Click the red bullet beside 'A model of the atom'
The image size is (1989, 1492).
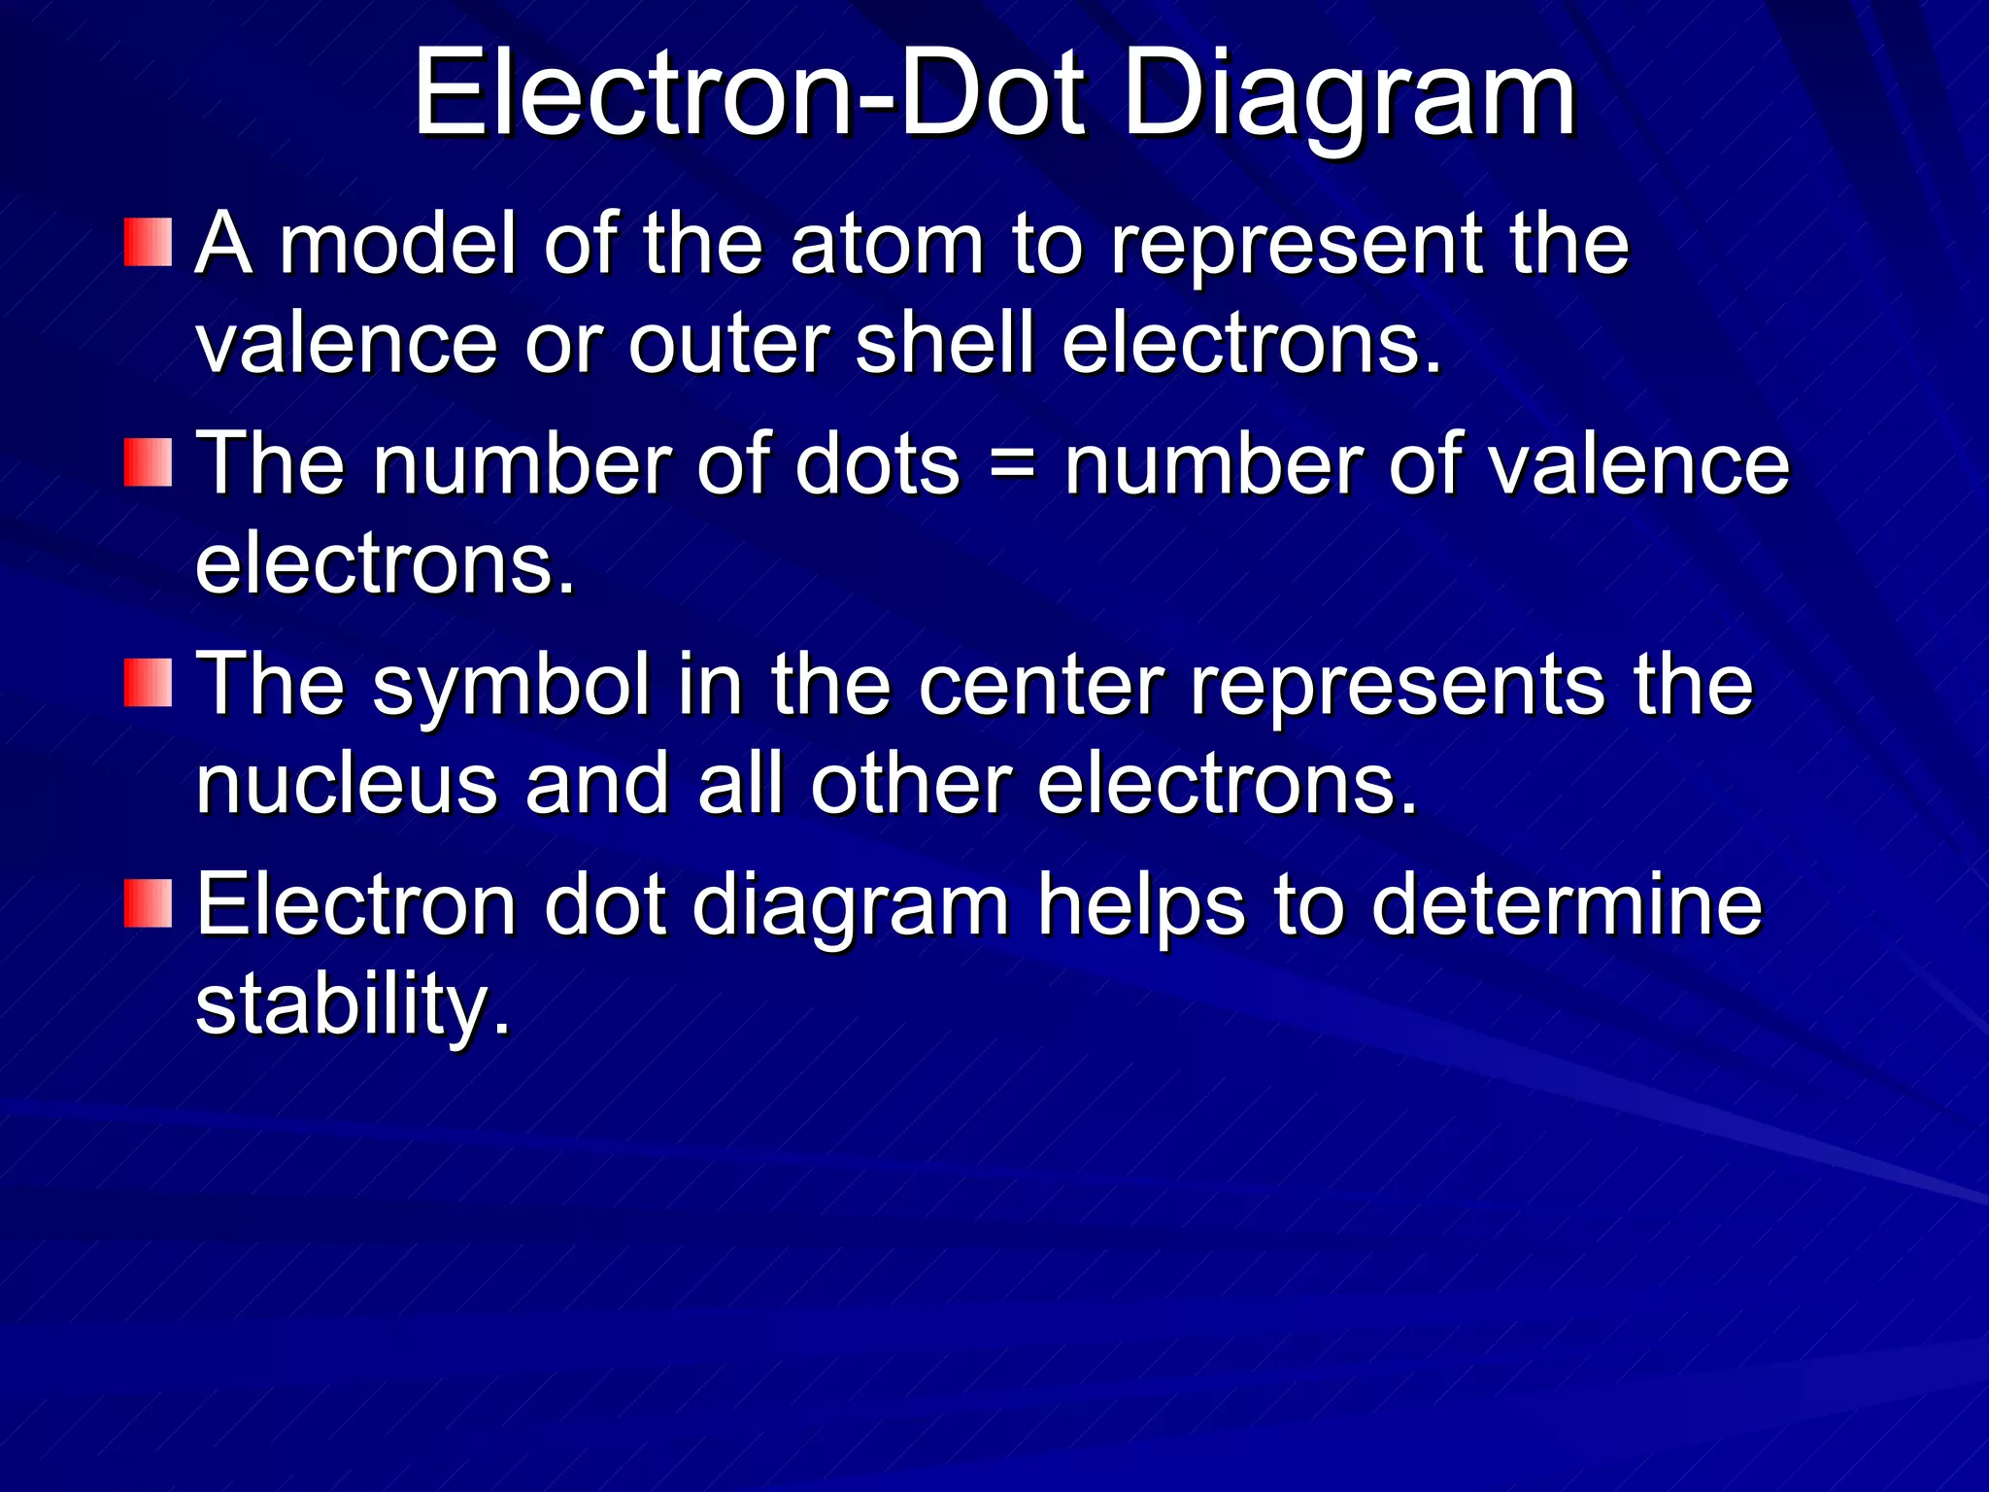coord(148,243)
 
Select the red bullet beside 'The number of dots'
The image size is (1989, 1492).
coord(148,462)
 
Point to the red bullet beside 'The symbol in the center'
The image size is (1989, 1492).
coord(148,683)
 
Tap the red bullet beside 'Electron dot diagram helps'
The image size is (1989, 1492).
coord(148,903)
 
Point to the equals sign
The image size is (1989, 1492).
coord(1012,466)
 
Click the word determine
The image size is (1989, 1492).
coord(1566,905)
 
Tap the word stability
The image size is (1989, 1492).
coord(352,1006)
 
